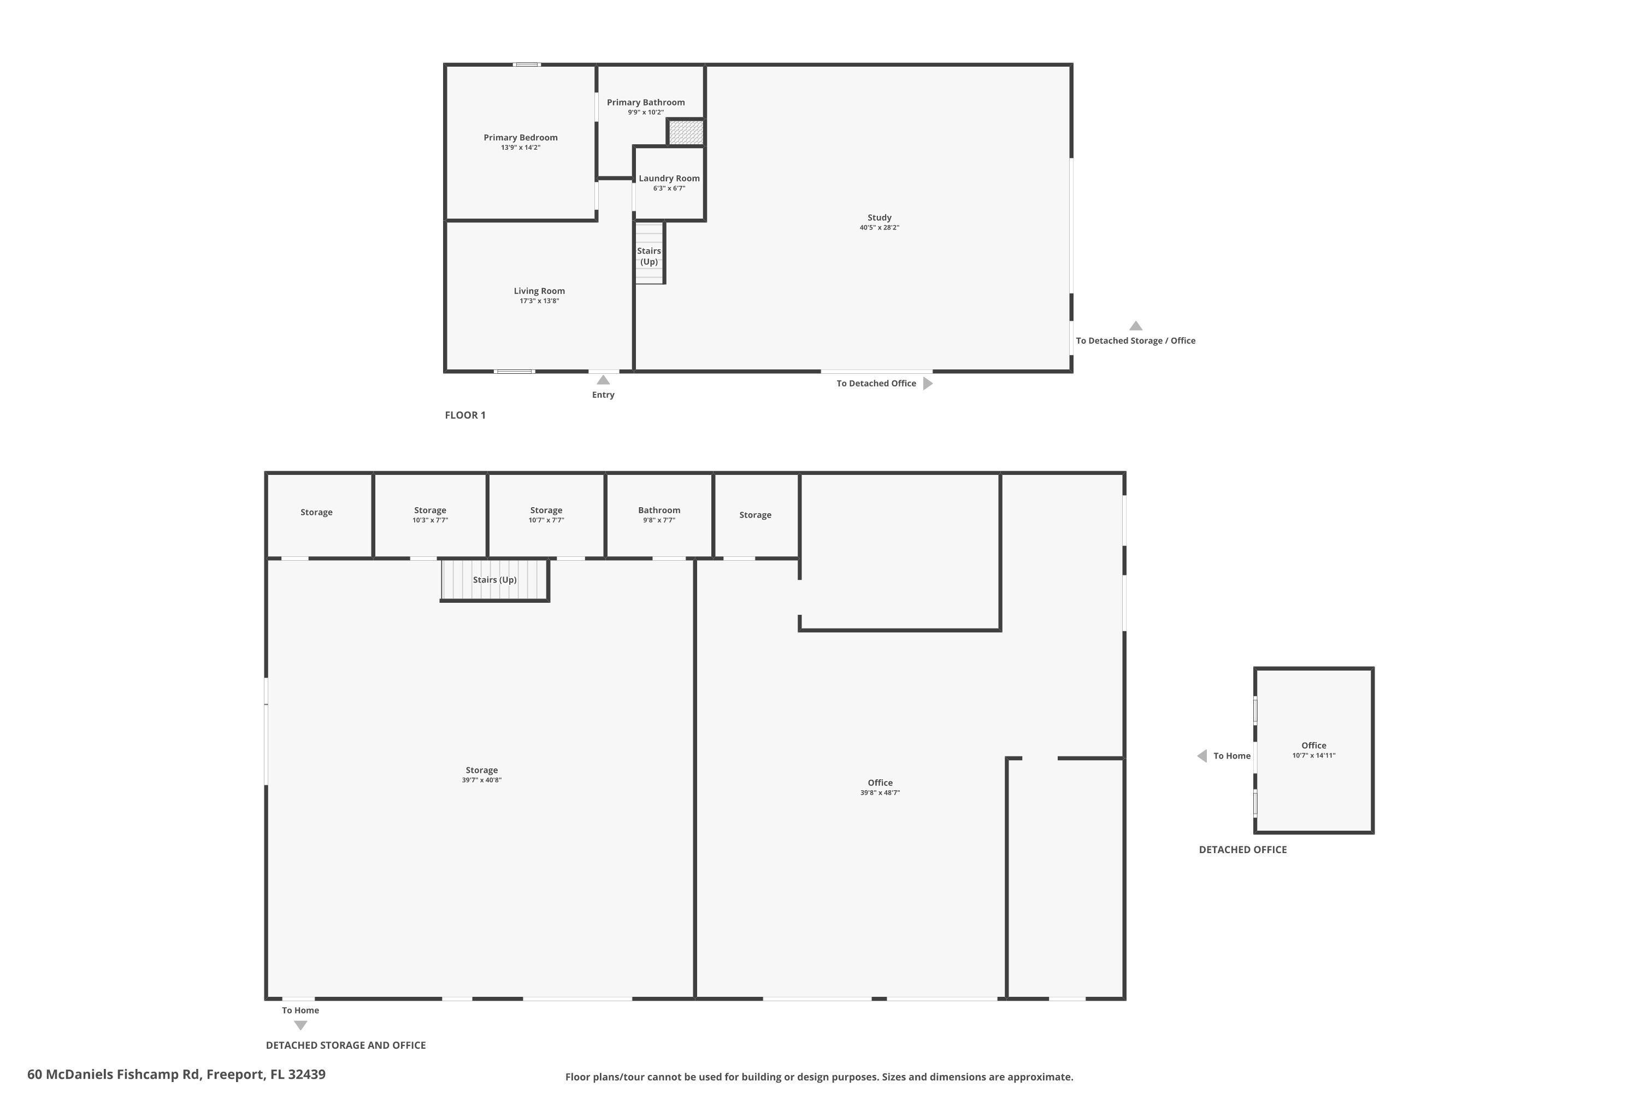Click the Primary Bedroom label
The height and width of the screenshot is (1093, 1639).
coord(521,137)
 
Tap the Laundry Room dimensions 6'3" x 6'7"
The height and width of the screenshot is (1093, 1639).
coord(669,188)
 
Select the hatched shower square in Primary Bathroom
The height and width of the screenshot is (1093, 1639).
coord(686,132)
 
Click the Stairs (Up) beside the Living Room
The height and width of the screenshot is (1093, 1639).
coord(649,256)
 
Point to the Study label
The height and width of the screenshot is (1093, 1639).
coord(880,218)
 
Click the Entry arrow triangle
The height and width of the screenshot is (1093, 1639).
coord(604,380)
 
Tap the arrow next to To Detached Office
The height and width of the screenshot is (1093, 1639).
coord(928,384)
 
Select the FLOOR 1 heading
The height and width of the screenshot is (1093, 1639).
coord(465,415)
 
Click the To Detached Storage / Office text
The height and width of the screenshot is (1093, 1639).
coord(1135,341)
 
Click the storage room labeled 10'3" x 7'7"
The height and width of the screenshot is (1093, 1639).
coord(430,514)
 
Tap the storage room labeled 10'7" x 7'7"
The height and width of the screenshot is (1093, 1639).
coord(546,514)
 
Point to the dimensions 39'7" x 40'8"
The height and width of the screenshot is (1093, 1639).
coord(481,780)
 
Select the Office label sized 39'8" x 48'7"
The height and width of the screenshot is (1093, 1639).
coord(880,783)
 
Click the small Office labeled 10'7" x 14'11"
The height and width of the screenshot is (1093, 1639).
coord(1313,749)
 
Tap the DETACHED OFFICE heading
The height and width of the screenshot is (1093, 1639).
coord(1242,850)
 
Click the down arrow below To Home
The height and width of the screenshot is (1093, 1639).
coord(300,1025)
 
